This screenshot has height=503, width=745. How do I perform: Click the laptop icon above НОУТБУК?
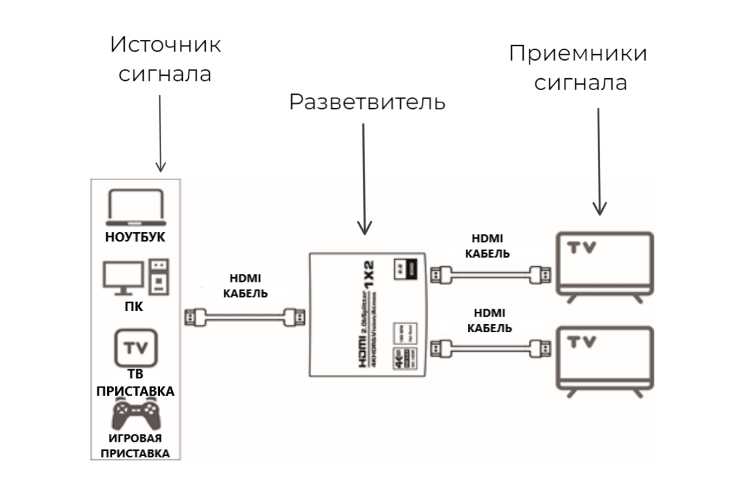tap(135, 208)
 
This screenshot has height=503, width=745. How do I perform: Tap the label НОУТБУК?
tap(135, 237)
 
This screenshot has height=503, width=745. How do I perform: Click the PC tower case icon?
tap(158, 277)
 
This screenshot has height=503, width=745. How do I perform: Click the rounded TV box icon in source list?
tap(136, 348)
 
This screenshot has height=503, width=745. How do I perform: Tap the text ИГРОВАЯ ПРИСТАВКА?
tap(135, 445)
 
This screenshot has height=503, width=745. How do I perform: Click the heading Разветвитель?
tap(368, 102)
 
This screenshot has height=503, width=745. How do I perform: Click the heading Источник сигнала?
tap(165, 59)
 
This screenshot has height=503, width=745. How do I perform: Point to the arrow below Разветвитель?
tap(364, 179)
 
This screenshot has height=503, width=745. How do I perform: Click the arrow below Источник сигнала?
tap(161, 130)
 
